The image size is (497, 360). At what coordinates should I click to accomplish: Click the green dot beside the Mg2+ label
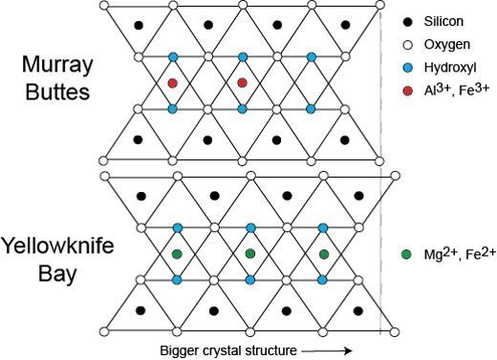(409, 254)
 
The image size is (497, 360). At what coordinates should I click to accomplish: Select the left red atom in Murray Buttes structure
(172, 83)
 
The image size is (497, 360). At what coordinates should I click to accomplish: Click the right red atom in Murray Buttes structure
(243, 83)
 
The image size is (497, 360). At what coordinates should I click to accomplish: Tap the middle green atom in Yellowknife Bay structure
(250, 254)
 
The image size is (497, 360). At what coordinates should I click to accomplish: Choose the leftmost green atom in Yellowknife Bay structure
(177, 254)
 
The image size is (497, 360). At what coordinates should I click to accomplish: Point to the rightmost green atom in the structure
(324, 254)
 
